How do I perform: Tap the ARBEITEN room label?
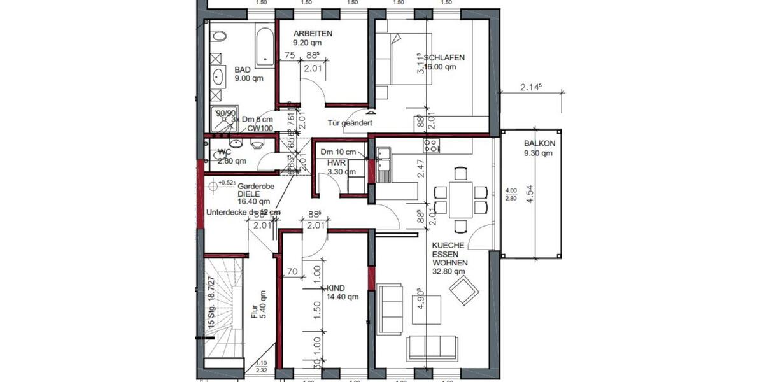pyautogui.click(x=313, y=34)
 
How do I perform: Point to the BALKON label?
pyautogui.click(x=538, y=144)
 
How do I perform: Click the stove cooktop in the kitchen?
pyautogui.click(x=431, y=146)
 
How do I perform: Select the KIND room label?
pyautogui.click(x=335, y=288)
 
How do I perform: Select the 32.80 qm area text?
pyautogui.click(x=449, y=271)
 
